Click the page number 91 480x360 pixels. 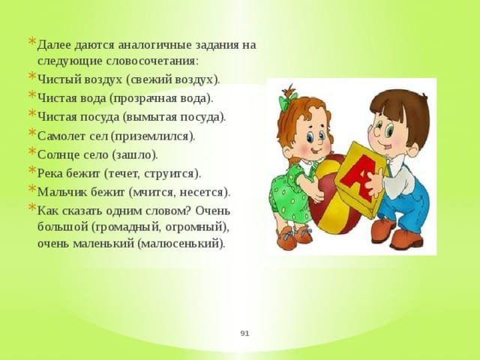point(245,333)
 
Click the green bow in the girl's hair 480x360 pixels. point(287,101)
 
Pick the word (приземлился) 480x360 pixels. point(153,136)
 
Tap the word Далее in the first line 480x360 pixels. point(55,45)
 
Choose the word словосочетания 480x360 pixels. point(152,61)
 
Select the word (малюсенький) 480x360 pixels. point(181,244)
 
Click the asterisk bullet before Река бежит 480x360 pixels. point(32,170)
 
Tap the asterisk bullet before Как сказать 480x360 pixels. point(32,207)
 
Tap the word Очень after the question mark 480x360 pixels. point(212,211)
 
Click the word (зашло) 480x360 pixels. point(135,155)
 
